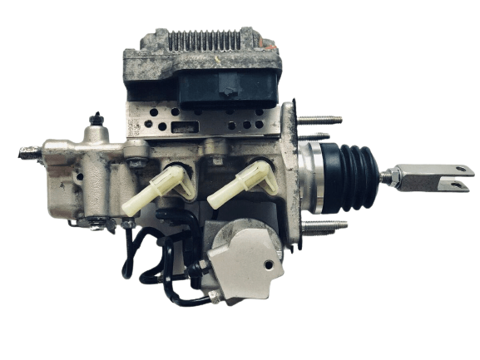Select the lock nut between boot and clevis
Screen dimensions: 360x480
coord(388,175)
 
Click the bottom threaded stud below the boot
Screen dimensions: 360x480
coord(324,224)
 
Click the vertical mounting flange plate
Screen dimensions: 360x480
coord(292,175)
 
